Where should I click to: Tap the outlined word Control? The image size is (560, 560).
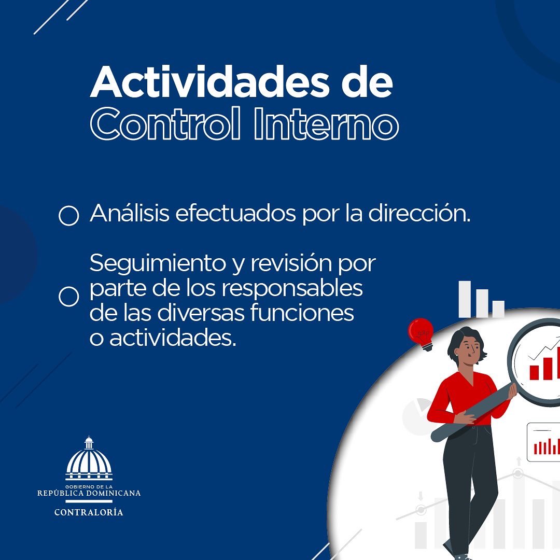[166, 124]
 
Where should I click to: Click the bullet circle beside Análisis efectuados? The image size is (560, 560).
[68, 215]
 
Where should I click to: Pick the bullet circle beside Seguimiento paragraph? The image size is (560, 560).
[68, 297]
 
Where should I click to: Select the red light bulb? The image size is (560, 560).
[421, 332]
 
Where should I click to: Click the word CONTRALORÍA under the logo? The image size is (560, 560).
[89, 512]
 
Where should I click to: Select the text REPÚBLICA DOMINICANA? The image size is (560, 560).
[89, 493]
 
